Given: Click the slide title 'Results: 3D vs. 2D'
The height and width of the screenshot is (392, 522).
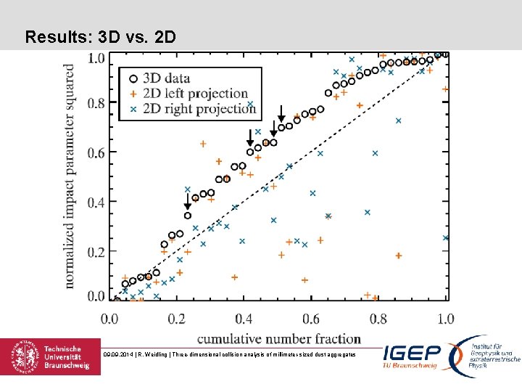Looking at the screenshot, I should coord(100,36).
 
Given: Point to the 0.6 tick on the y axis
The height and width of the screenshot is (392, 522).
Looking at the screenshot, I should coord(96,152).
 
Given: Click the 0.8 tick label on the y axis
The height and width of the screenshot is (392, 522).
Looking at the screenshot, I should coord(96,103).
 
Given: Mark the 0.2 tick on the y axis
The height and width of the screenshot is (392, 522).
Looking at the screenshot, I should coord(96,252).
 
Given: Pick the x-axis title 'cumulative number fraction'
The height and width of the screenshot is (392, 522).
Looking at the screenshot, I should coord(279,338).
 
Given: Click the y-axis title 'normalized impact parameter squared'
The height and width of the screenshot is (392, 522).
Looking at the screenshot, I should coord(70,176).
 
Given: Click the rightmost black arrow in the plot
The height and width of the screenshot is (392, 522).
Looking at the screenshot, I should coord(281,113).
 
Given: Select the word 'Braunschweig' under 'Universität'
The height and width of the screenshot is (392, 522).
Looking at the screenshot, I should coord(67,367).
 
